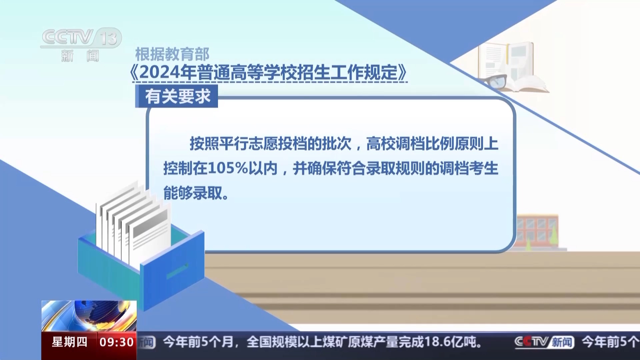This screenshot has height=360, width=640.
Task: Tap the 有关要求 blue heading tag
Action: (176, 96)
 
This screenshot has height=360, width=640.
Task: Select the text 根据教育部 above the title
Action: (172, 54)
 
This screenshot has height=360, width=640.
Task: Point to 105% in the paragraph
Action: (228, 168)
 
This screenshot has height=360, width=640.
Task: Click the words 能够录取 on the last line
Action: (192, 193)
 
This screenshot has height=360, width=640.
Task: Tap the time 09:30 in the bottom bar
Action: (116, 342)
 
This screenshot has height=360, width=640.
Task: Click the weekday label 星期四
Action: (69, 342)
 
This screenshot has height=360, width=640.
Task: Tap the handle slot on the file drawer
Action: (177, 271)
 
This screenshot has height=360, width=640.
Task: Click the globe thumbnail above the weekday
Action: (89, 316)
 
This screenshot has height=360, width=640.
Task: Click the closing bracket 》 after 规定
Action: (403, 72)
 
